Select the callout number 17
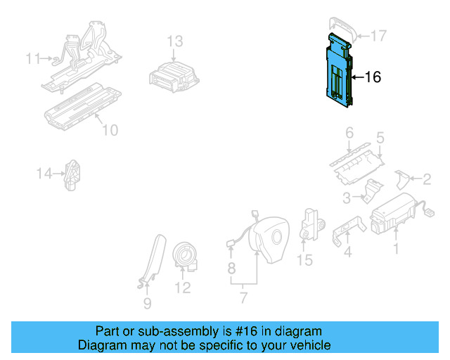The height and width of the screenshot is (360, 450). [378, 34]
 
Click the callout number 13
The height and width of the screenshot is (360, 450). [174, 41]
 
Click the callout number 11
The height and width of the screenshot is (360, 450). [33, 58]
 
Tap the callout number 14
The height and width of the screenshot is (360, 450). [44, 173]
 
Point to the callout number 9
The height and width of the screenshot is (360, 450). [147, 304]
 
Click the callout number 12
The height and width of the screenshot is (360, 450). [182, 288]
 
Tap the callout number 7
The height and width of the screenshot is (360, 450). [243, 297]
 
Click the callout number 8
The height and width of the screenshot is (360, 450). [231, 268]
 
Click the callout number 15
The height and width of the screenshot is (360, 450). [304, 261]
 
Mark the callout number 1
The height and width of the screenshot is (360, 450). [395, 248]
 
